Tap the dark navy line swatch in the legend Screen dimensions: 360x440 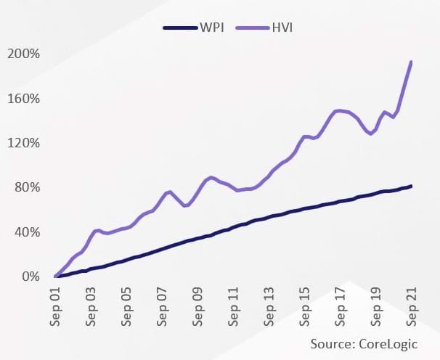point(179,28)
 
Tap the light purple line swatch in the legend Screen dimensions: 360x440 point(255,28)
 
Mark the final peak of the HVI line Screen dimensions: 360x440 point(412,62)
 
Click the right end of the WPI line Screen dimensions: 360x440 point(412,187)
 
